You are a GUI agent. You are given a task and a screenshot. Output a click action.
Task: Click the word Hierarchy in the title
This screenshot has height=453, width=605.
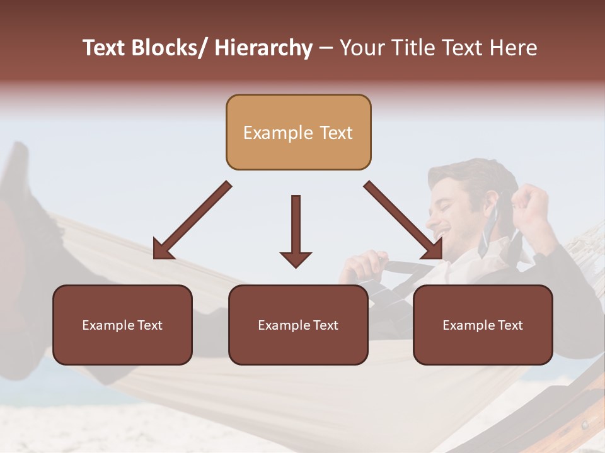pyautogui.click(x=263, y=48)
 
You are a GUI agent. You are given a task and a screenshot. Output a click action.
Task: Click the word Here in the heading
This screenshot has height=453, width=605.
pyautogui.click(x=514, y=48)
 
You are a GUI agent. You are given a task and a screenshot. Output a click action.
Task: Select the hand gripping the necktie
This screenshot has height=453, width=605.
pyautogui.click(x=366, y=264)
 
